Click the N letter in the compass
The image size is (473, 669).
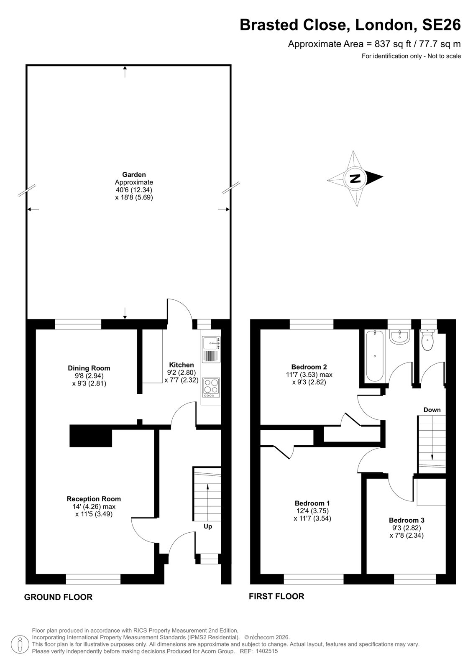355,179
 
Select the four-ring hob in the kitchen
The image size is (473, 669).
211,388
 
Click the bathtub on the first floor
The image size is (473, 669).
375,355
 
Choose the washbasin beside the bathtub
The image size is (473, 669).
399,337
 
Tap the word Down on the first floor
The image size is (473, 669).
432,410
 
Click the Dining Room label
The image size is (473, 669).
89,368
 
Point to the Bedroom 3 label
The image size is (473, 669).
407,520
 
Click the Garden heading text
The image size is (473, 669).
134,175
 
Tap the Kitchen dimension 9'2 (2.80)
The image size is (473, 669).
181,373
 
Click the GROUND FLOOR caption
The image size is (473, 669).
58,597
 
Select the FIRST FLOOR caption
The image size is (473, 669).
276,596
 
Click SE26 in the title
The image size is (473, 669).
441,25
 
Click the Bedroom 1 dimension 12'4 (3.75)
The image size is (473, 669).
312,511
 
